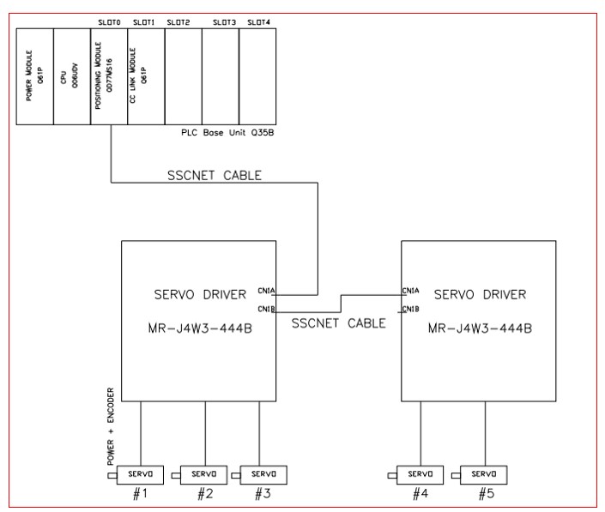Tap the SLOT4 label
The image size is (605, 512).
coord(256,21)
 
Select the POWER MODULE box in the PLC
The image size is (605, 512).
coord(34,76)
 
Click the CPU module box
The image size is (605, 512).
coord(71,76)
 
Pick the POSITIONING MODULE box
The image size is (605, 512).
coord(109,76)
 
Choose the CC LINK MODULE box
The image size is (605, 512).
coord(146,76)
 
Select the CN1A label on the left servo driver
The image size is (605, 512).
coord(265,291)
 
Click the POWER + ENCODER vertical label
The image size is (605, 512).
coord(111,433)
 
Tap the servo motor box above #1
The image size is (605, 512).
coord(142,474)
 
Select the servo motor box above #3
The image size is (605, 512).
coord(263,474)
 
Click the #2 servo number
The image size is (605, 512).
coord(204,494)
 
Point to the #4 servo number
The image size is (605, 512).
coord(420,494)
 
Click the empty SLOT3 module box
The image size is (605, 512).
coord(221,76)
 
